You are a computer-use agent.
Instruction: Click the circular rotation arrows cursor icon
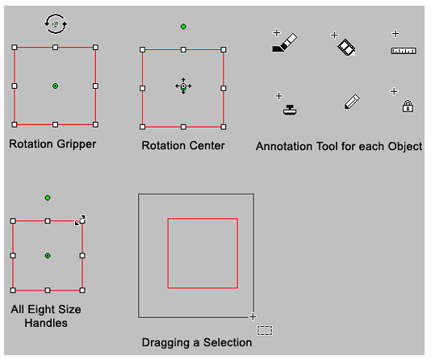click(x=56, y=24)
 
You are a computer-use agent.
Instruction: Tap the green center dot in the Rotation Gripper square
click(x=55, y=86)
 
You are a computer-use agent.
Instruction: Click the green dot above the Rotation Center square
click(x=183, y=27)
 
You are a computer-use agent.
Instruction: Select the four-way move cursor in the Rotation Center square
click(x=183, y=86)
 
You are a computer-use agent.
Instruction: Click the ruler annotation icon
click(x=404, y=51)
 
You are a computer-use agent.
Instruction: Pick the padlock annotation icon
click(x=408, y=106)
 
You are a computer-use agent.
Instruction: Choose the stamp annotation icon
click(x=290, y=110)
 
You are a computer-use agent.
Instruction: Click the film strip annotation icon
click(x=346, y=48)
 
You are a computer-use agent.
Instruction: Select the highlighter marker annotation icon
click(x=285, y=43)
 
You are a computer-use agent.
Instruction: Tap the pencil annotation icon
click(x=352, y=102)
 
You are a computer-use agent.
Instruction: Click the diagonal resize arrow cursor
click(x=80, y=220)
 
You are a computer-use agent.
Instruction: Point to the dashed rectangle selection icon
click(x=265, y=330)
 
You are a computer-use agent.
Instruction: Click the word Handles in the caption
click(x=46, y=323)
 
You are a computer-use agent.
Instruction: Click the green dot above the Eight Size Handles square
click(x=48, y=198)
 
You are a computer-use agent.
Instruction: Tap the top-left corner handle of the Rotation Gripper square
click(x=15, y=48)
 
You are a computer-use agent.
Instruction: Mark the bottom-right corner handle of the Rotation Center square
click(x=224, y=127)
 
